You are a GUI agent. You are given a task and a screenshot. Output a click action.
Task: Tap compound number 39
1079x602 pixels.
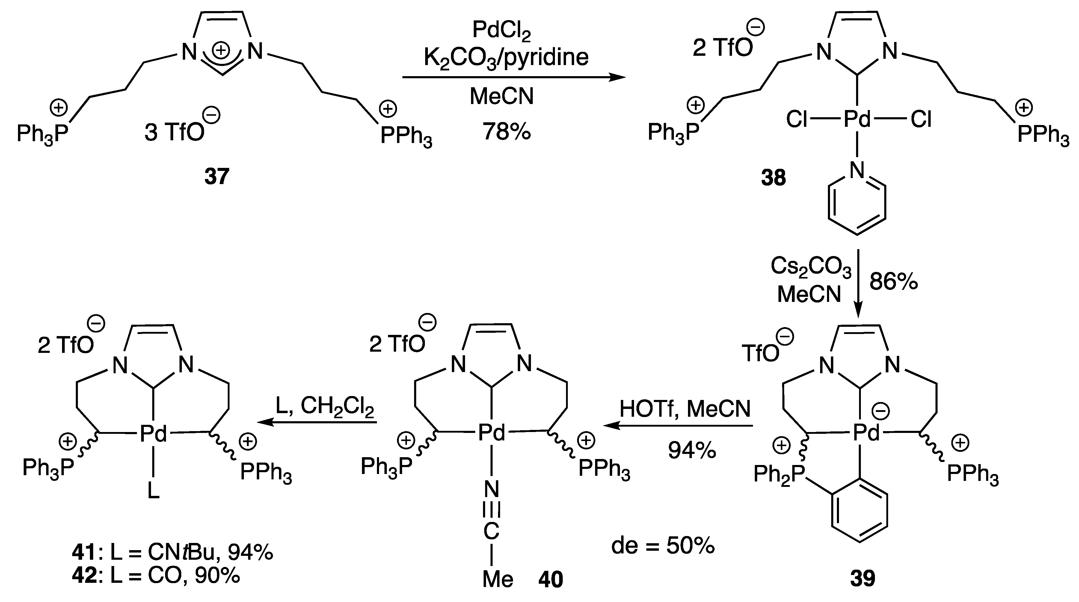click(862, 578)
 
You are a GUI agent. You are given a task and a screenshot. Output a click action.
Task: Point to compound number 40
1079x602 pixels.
click(550, 579)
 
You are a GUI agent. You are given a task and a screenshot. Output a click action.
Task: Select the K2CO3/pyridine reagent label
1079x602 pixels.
click(506, 58)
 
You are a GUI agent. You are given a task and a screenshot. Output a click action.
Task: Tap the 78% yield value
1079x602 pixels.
click(506, 131)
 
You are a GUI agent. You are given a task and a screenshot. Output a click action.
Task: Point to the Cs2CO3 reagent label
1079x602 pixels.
click(811, 267)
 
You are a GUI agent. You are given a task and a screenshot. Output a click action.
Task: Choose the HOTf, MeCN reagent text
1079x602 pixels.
click(685, 409)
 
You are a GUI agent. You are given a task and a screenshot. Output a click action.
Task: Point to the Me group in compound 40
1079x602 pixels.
click(498, 579)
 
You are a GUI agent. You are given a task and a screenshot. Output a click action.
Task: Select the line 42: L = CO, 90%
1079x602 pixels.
click(156, 576)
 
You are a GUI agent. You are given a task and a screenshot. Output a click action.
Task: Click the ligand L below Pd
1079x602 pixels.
click(154, 490)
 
